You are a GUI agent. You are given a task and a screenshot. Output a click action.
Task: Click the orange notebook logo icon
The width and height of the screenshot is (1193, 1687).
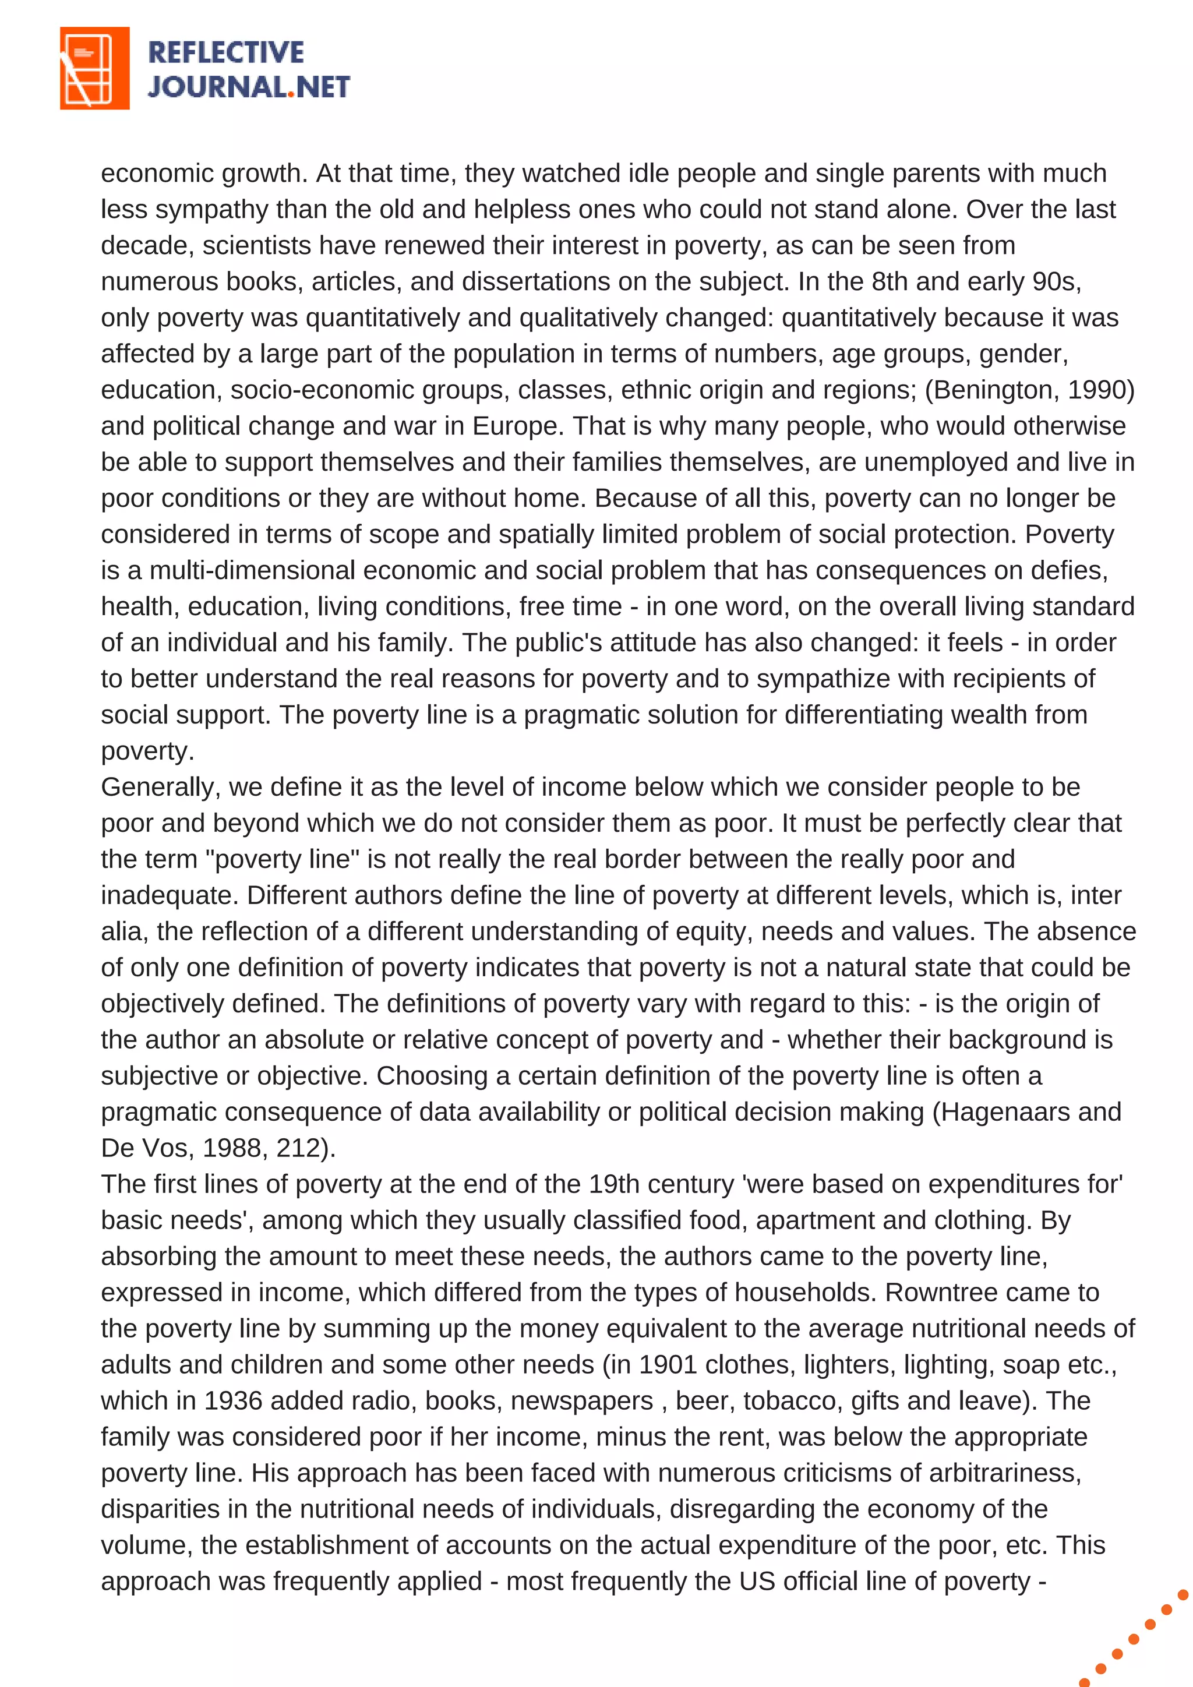94,68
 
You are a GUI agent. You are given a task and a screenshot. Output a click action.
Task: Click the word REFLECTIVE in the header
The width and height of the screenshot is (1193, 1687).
225,52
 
